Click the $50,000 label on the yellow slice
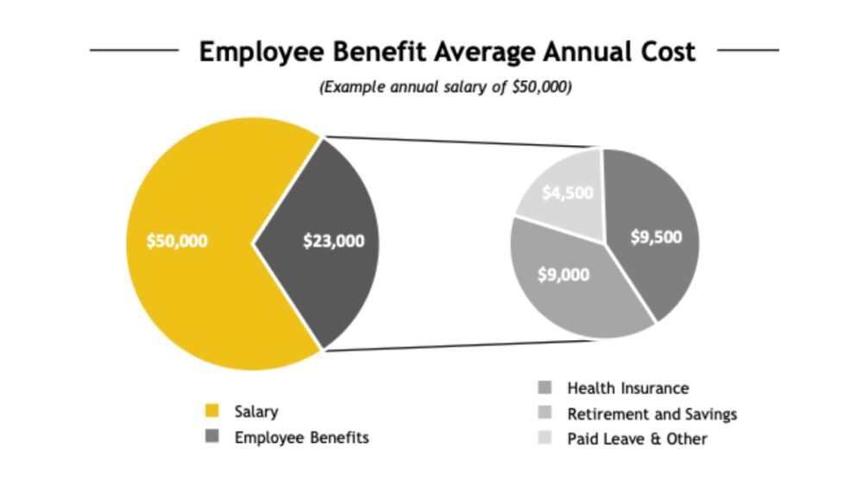coord(177,241)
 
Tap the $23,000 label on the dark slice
coord(333,241)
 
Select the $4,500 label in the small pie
coord(567,193)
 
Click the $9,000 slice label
coord(564,275)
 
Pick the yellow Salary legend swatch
coord(211,412)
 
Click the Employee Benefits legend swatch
coord(211,438)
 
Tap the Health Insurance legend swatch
coord(544,388)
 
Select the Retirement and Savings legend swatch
coord(544,413)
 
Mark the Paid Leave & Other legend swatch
coord(544,439)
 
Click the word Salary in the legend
coord(256,412)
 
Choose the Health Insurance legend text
coord(627,388)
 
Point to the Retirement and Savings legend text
coord(652,413)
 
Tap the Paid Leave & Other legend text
coord(637,439)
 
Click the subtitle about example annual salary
coord(445,88)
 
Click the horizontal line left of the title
coord(134,50)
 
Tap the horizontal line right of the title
coord(747,50)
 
